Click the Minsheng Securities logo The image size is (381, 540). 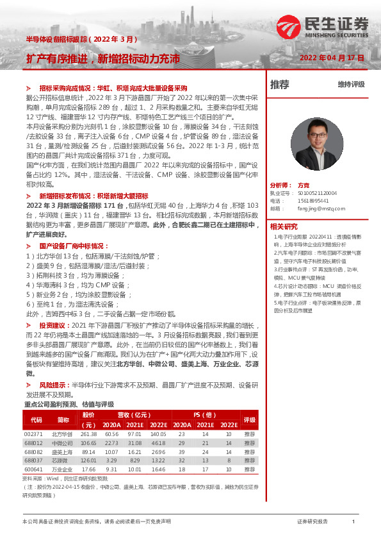click(x=323, y=27)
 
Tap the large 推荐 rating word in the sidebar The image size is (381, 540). click(x=280, y=85)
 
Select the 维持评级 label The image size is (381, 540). click(x=351, y=85)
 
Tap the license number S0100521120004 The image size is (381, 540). click(x=317, y=193)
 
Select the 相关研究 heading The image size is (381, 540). click(x=284, y=226)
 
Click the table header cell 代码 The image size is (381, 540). click(x=36, y=420)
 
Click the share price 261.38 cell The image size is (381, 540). click(x=88, y=434)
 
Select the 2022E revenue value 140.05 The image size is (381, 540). click(x=158, y=434)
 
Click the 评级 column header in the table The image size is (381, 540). click(x=250, y=420)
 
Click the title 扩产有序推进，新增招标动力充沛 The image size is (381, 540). click(x=102, y=58)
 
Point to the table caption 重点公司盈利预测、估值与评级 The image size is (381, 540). click(x=69, y=405)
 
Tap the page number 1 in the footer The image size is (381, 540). click(x=353, y=521)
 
